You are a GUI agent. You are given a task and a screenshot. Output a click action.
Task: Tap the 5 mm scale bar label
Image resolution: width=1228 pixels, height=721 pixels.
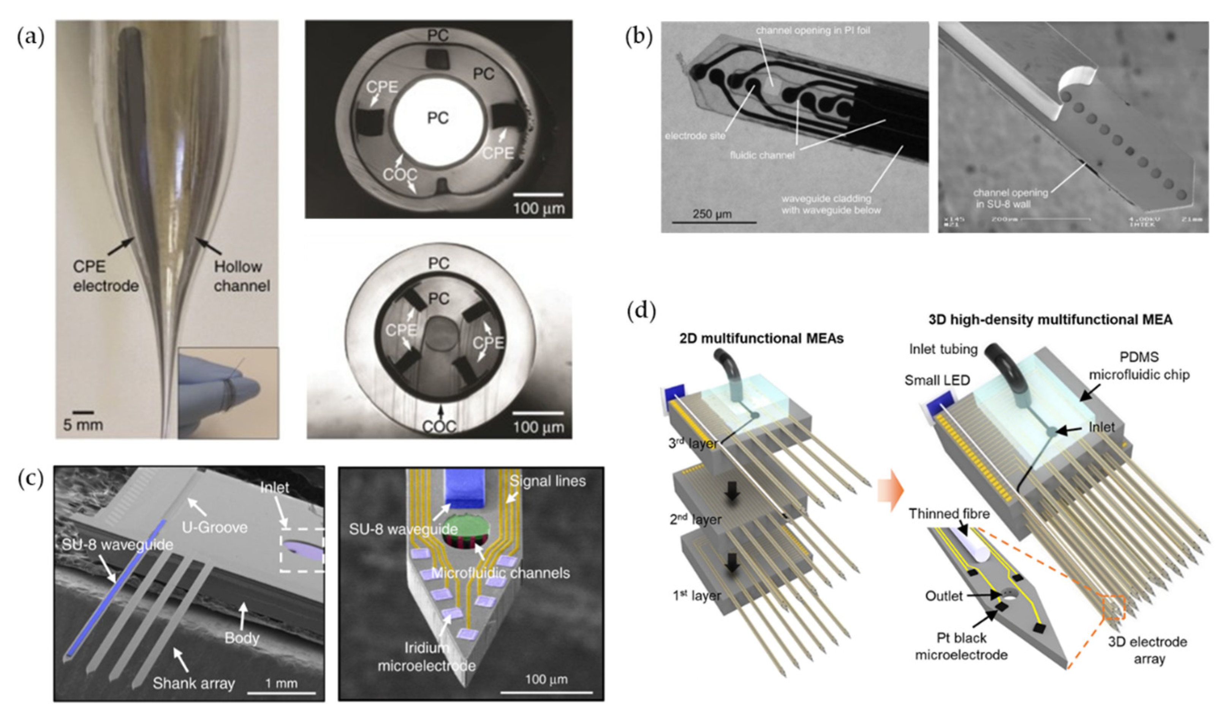[x=82, y=425]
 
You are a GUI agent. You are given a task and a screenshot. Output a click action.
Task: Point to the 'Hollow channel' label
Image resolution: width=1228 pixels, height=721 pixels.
[x=241, y=276]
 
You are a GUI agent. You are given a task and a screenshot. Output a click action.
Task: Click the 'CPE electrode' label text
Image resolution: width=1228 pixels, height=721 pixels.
[x=105, y=276]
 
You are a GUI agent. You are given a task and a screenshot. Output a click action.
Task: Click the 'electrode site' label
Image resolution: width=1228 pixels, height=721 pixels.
[x=695, y=136]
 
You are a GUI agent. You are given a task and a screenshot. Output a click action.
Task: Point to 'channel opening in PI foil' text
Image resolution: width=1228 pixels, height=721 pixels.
[x=813, y=31]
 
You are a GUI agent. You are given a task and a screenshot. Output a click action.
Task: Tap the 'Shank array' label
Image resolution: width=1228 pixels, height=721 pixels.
[x=193, y=683]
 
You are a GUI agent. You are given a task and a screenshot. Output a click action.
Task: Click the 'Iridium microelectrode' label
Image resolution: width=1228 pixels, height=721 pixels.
[x=426, y=656]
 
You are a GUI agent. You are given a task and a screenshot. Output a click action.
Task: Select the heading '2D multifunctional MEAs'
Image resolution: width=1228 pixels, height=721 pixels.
[x=761, y=338]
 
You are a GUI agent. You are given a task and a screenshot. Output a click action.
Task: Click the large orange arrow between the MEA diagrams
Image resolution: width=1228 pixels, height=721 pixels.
[x=890, y=497]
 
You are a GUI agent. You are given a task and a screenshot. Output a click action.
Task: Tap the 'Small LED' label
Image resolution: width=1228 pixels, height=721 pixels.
[x=937, y=380]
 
